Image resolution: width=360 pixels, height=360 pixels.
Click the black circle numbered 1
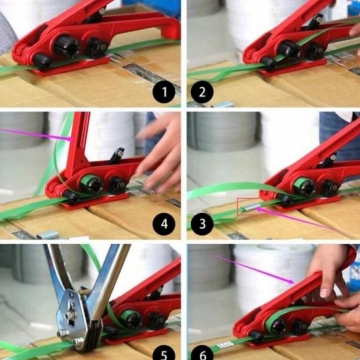(x=164, y=92)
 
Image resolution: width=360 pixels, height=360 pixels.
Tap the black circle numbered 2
(x=202, y=92)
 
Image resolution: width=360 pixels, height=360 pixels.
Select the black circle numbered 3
(x=202, y=223)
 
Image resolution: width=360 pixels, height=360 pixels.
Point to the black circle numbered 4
(x=163, y=223)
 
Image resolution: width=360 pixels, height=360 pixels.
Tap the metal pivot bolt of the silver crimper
(x=69, y=316)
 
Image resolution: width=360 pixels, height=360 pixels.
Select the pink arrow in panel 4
(x=37, y=134)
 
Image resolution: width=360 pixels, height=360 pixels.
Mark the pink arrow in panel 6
(x=252, y=268)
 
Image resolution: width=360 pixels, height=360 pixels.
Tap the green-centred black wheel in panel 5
(x=130, y=319)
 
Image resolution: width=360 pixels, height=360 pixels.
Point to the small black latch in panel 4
(x=117, y=156)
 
